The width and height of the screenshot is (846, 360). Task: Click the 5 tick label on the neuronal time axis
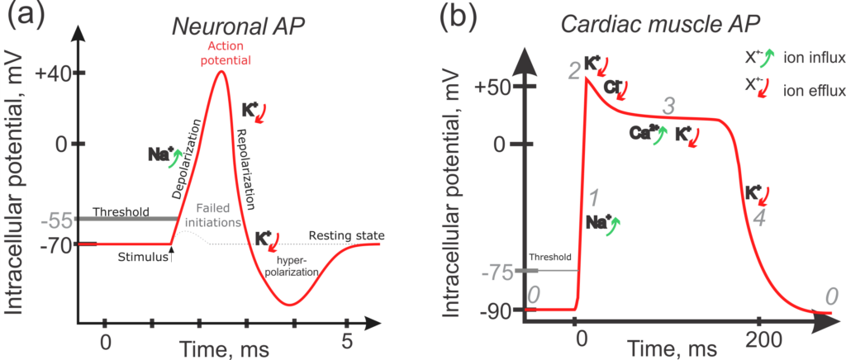(348, 340)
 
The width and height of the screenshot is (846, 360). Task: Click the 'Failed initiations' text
(219, 216)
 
